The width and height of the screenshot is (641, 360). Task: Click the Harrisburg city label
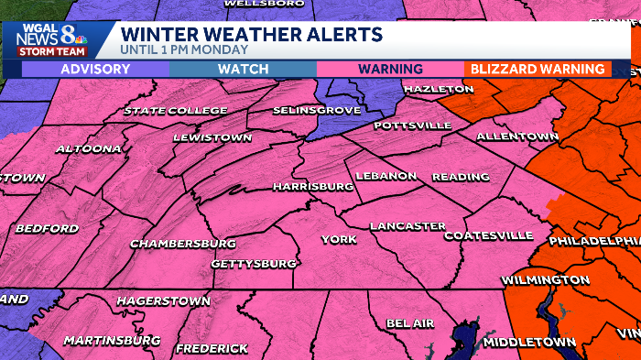pyautogui.click(x=313, y=186)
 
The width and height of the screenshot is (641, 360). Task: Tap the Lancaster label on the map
pyautogui.click(x=407, y=225)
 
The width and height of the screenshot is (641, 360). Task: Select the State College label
pyautogui.click(x=176, y=111)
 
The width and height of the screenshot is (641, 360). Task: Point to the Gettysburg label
pyautogui.click(x=254, y=264)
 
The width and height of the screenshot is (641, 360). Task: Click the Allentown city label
pyautogui.click(x=517, y=136)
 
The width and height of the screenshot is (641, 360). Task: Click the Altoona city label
pyautogui.click(x=88, y=148)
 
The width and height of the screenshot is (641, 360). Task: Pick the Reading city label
pyautogui.click(x=455, y=176)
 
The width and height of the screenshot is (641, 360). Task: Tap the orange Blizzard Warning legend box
pyautogui.click(x=538, y=69)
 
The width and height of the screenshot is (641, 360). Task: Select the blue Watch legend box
pyautogui.click(x=243, y=69)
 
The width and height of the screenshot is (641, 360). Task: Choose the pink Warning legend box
pyautogui.click(x=390, y=69)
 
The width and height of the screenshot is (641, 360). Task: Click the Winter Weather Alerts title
pyautogui.click(x=252, y=35)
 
